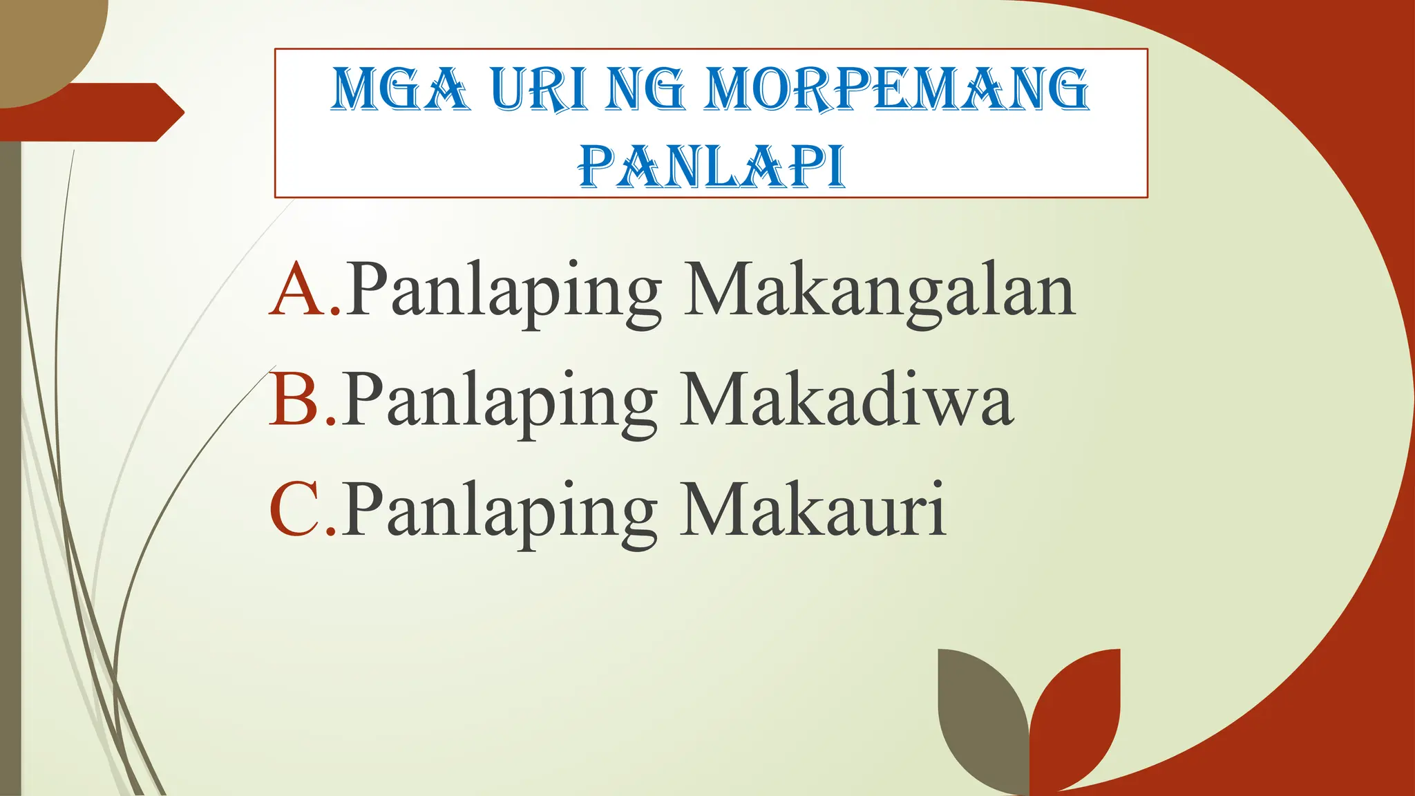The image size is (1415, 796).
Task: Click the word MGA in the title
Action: [x=400, y=90]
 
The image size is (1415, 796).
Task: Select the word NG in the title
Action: [x=644, y=90]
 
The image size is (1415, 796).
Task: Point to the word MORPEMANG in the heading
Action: [x=896, y=90]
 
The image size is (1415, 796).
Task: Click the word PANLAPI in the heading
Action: [x=712, y=167]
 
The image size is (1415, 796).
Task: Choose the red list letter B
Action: [x=296, y=399]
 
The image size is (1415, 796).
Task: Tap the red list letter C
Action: [x=296, y=510]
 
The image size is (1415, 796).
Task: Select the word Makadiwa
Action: [x=846, y=401]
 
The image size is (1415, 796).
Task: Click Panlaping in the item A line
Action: [x=503, y=294]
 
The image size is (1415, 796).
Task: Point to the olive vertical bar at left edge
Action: [x=10, y=470]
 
